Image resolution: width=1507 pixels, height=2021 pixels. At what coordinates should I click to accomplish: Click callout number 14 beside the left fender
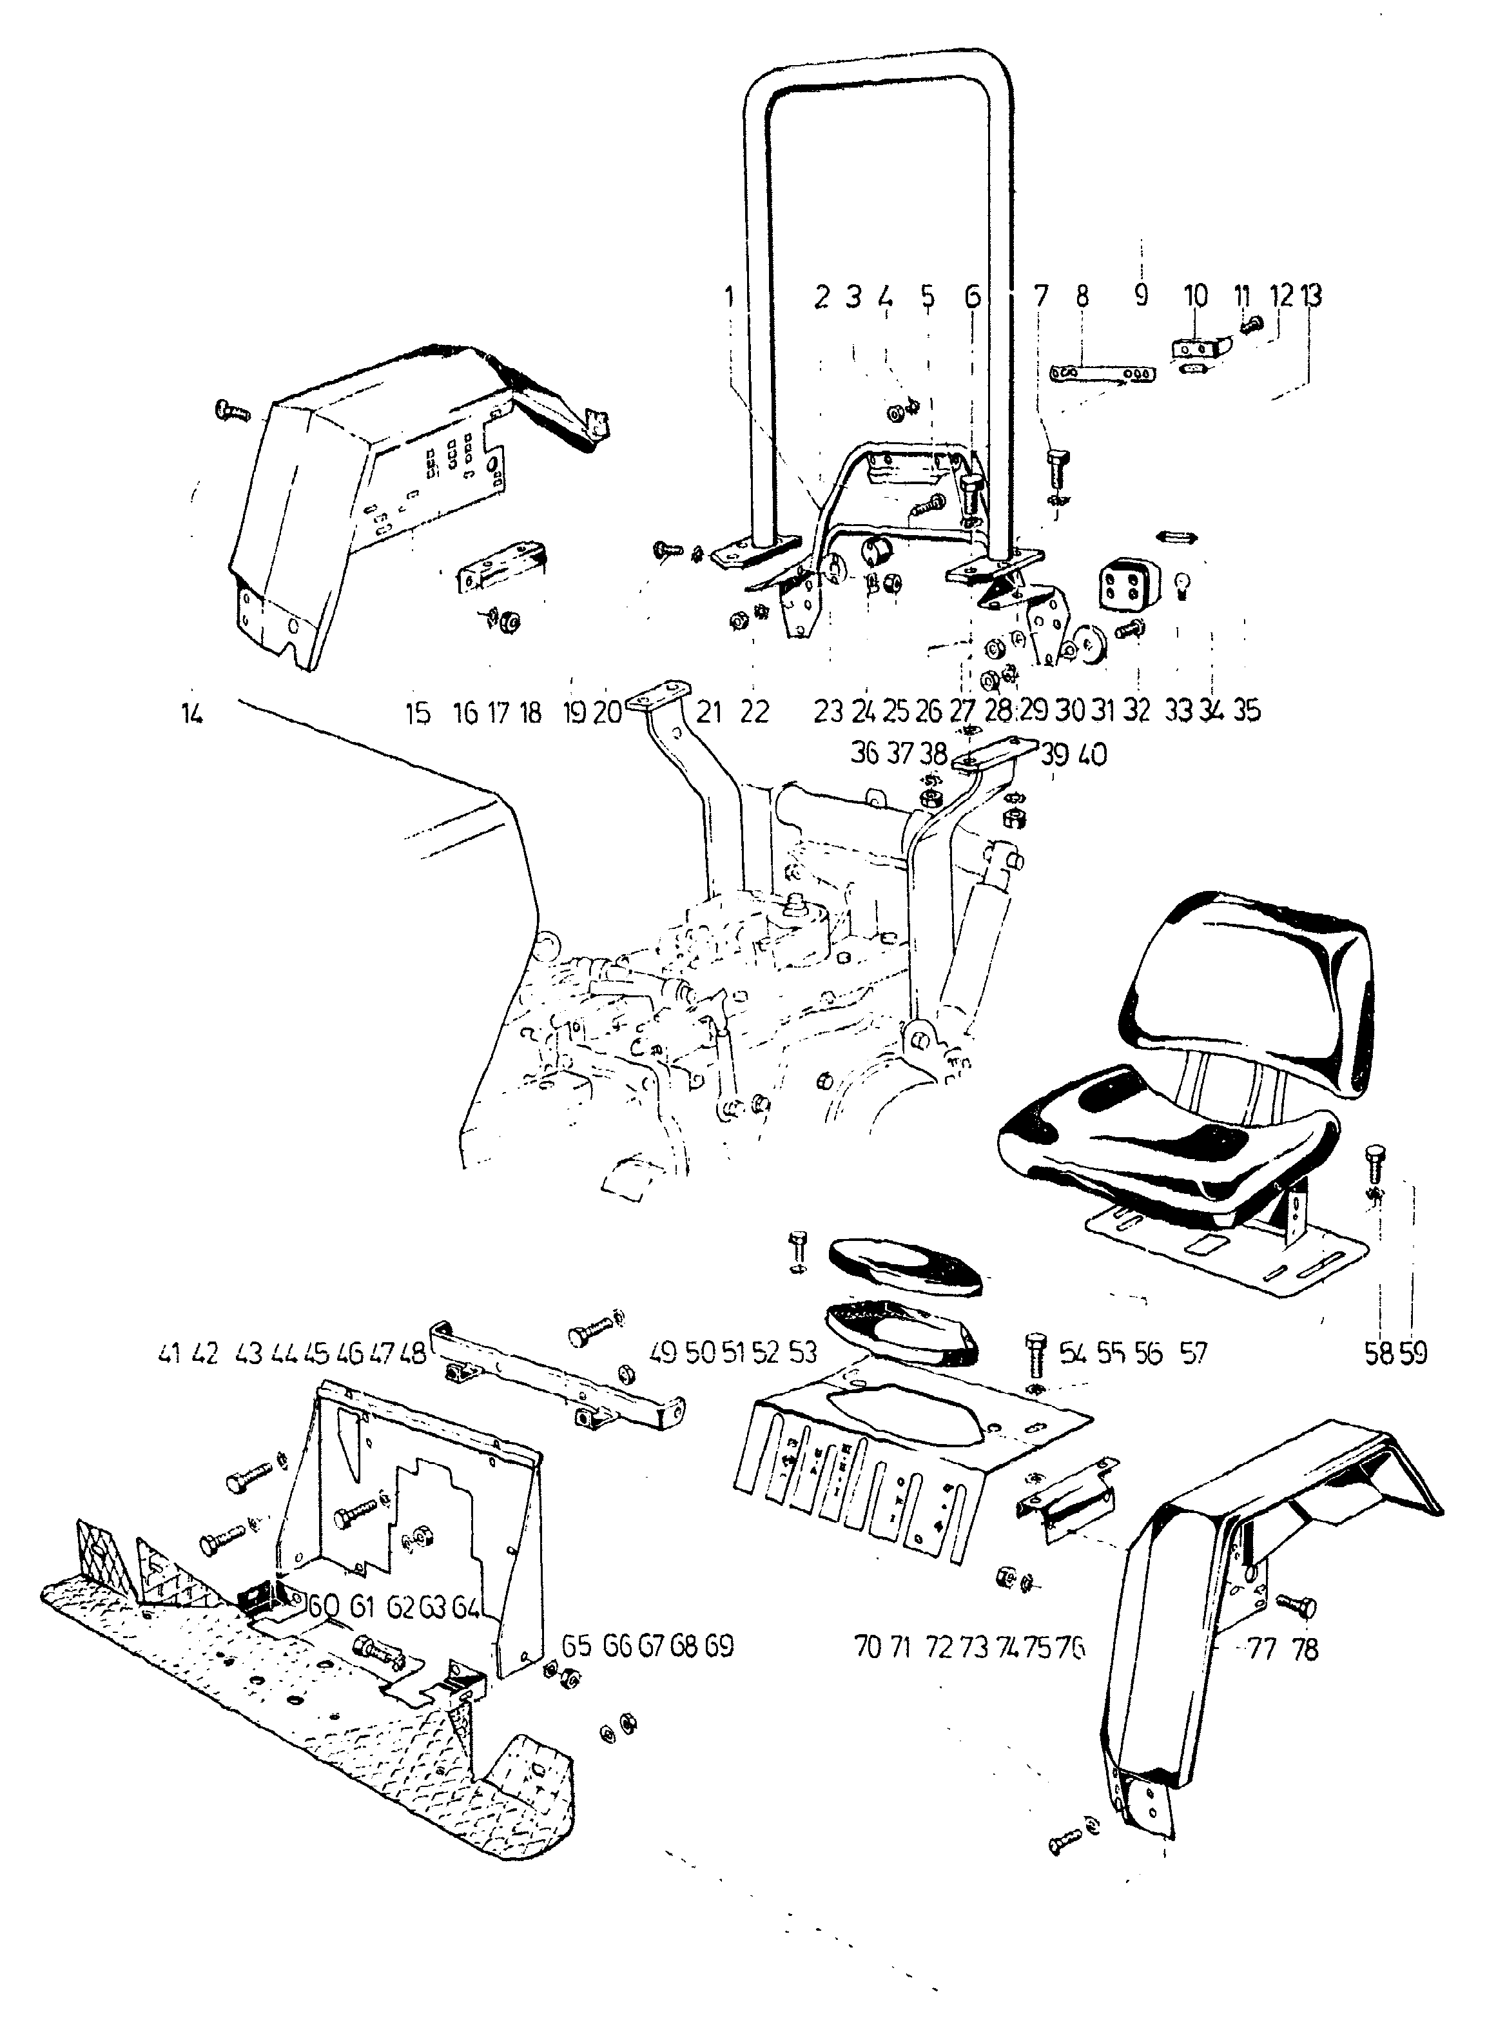pos(191,712)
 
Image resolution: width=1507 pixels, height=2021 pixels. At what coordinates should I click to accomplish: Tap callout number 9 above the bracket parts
pos(1140,296)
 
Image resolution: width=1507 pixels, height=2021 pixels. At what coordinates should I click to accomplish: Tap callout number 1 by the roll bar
pos(729,296)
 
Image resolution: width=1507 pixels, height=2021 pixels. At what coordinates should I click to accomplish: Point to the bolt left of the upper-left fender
pos(231,411)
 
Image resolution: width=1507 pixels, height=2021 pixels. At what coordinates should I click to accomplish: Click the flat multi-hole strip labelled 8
pos(1103,374)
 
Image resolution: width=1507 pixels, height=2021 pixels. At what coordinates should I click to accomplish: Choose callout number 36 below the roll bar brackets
pos(864,754)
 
